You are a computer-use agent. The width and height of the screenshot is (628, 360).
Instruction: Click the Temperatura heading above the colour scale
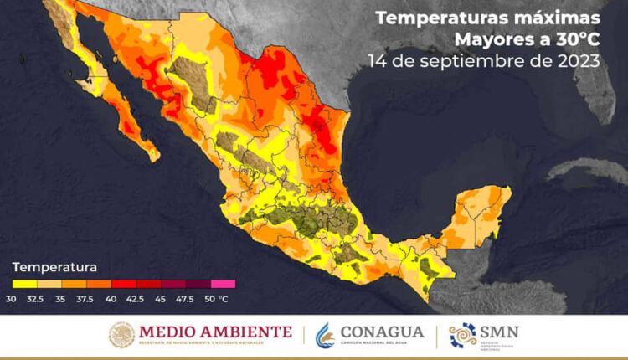54,267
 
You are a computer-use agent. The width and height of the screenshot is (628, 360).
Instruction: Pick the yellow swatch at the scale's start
23,284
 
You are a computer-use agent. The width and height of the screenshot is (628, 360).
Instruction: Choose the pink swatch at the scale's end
224,284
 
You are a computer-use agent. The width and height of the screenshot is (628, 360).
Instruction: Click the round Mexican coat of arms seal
121,335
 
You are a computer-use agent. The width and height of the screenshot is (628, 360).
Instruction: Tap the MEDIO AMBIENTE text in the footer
215,332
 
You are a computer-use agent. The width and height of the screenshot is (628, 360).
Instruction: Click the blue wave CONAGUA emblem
327,335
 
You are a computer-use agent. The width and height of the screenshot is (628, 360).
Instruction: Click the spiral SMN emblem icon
463,335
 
